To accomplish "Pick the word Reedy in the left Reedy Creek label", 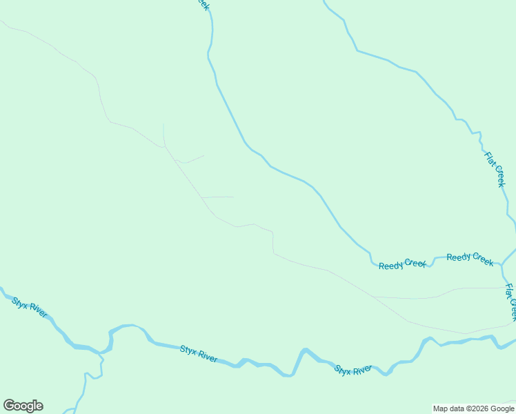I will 390,265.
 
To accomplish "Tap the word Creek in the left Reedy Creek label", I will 415,262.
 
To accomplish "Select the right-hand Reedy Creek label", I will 470,259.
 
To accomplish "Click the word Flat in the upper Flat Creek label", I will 490,160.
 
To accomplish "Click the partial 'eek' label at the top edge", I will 202,4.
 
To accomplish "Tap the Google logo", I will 23,406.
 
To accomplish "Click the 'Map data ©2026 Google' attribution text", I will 474,408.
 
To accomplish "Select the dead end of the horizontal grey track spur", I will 233,197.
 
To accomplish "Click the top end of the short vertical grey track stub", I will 163,125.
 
